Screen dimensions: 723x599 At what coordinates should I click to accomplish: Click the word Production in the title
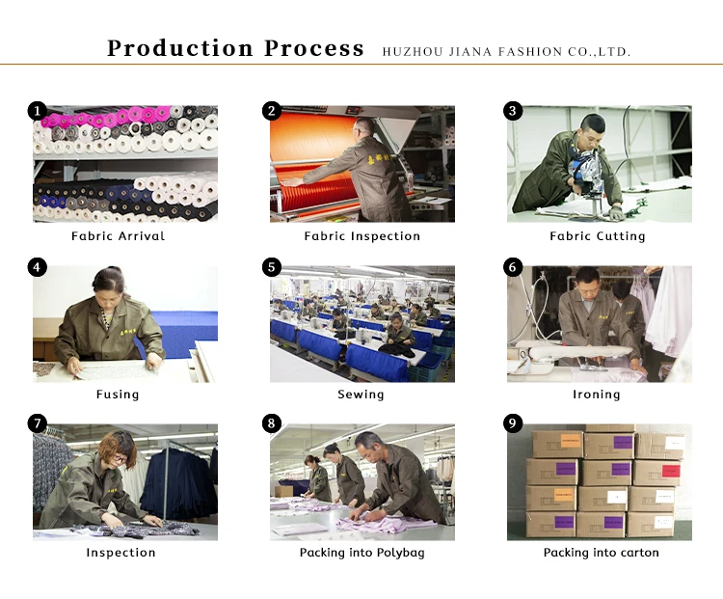(180, 48)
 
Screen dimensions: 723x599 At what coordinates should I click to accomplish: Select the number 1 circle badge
(38, 111)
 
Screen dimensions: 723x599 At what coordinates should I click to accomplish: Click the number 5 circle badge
(272, 267)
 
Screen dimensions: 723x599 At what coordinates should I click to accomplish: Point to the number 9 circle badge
(513, 423)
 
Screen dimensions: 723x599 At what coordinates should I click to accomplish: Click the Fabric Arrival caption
(118, 236)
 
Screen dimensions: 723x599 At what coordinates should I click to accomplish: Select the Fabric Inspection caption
(361, 236)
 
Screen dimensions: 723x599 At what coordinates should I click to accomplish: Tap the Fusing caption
(118, 395)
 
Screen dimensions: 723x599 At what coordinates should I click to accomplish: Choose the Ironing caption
(596, 395)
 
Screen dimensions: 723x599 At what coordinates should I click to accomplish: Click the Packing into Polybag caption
(361, 553)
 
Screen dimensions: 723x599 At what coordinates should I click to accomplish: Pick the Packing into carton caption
(601, 553)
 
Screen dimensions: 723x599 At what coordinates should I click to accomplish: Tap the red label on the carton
(671, 471)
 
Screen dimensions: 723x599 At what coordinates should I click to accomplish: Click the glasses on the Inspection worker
(120, 459)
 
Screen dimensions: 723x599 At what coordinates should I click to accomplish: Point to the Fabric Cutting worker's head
(592, 130)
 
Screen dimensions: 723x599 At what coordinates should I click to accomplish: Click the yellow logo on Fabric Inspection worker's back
(379, 160)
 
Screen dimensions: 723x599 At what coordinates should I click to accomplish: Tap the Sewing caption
(361, 395)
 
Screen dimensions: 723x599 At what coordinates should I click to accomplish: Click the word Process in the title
(314, 48)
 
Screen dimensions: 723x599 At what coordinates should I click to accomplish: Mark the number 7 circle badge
(38, 423)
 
